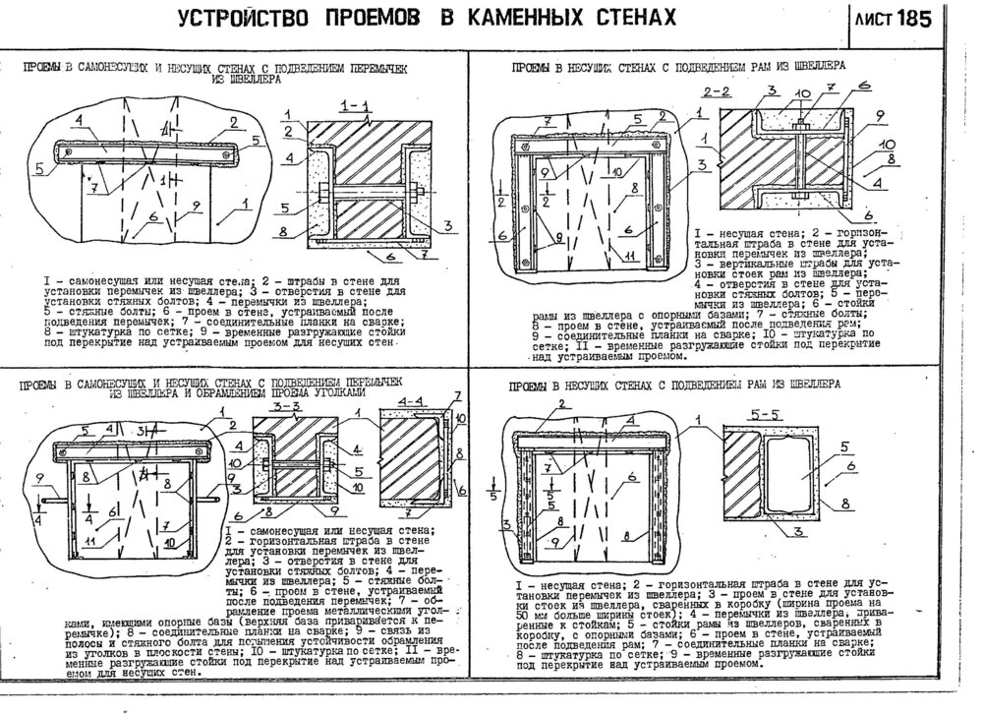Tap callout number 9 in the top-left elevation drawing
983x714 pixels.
pyautogui.click(x=196, y=205)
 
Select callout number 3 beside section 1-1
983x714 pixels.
pyautogui.click(x=446, y=225)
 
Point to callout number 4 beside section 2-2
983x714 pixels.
pyautogui.click(x=874, y=183)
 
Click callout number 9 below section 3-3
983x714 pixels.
pyautogui.click(x=333, y=512)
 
